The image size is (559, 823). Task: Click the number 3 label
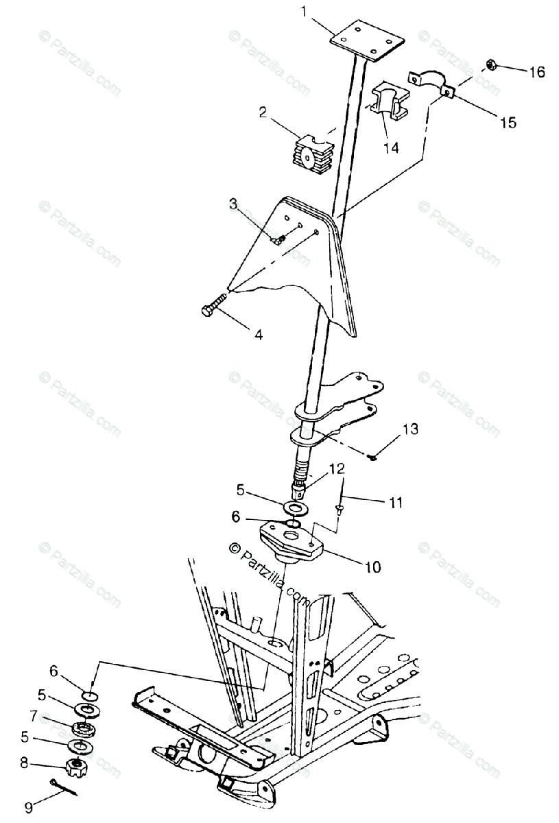233,204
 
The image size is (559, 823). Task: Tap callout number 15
508,123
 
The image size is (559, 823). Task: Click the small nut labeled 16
491,64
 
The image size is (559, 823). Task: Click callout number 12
337,469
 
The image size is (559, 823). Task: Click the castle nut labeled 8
75,765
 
